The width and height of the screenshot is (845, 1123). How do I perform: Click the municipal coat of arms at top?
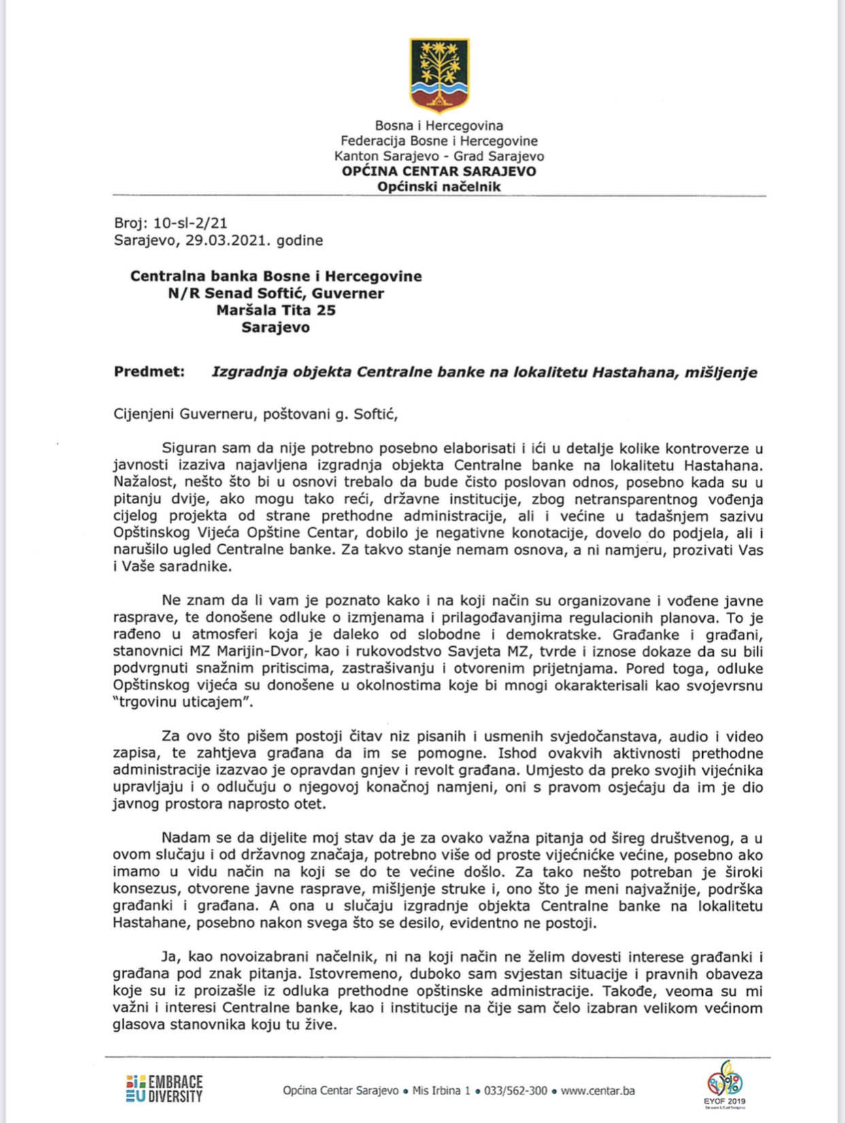point(439,75)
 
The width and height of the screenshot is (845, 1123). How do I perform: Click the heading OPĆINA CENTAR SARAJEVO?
point(439,171)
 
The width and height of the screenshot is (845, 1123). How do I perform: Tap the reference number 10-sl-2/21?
point(190,223)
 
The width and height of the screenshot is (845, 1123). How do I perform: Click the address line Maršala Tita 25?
point(276,311)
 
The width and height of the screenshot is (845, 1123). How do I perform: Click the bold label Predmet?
point(149,372)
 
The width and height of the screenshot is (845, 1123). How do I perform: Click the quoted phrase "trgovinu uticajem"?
point(182,703)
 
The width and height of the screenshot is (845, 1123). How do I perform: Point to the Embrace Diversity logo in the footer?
point(164,1088)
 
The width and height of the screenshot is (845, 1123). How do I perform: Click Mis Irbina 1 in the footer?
point(441,1091)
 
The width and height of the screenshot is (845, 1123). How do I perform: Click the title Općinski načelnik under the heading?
point(439,187)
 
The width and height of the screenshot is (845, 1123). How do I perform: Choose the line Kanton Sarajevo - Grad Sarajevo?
point(439,156)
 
